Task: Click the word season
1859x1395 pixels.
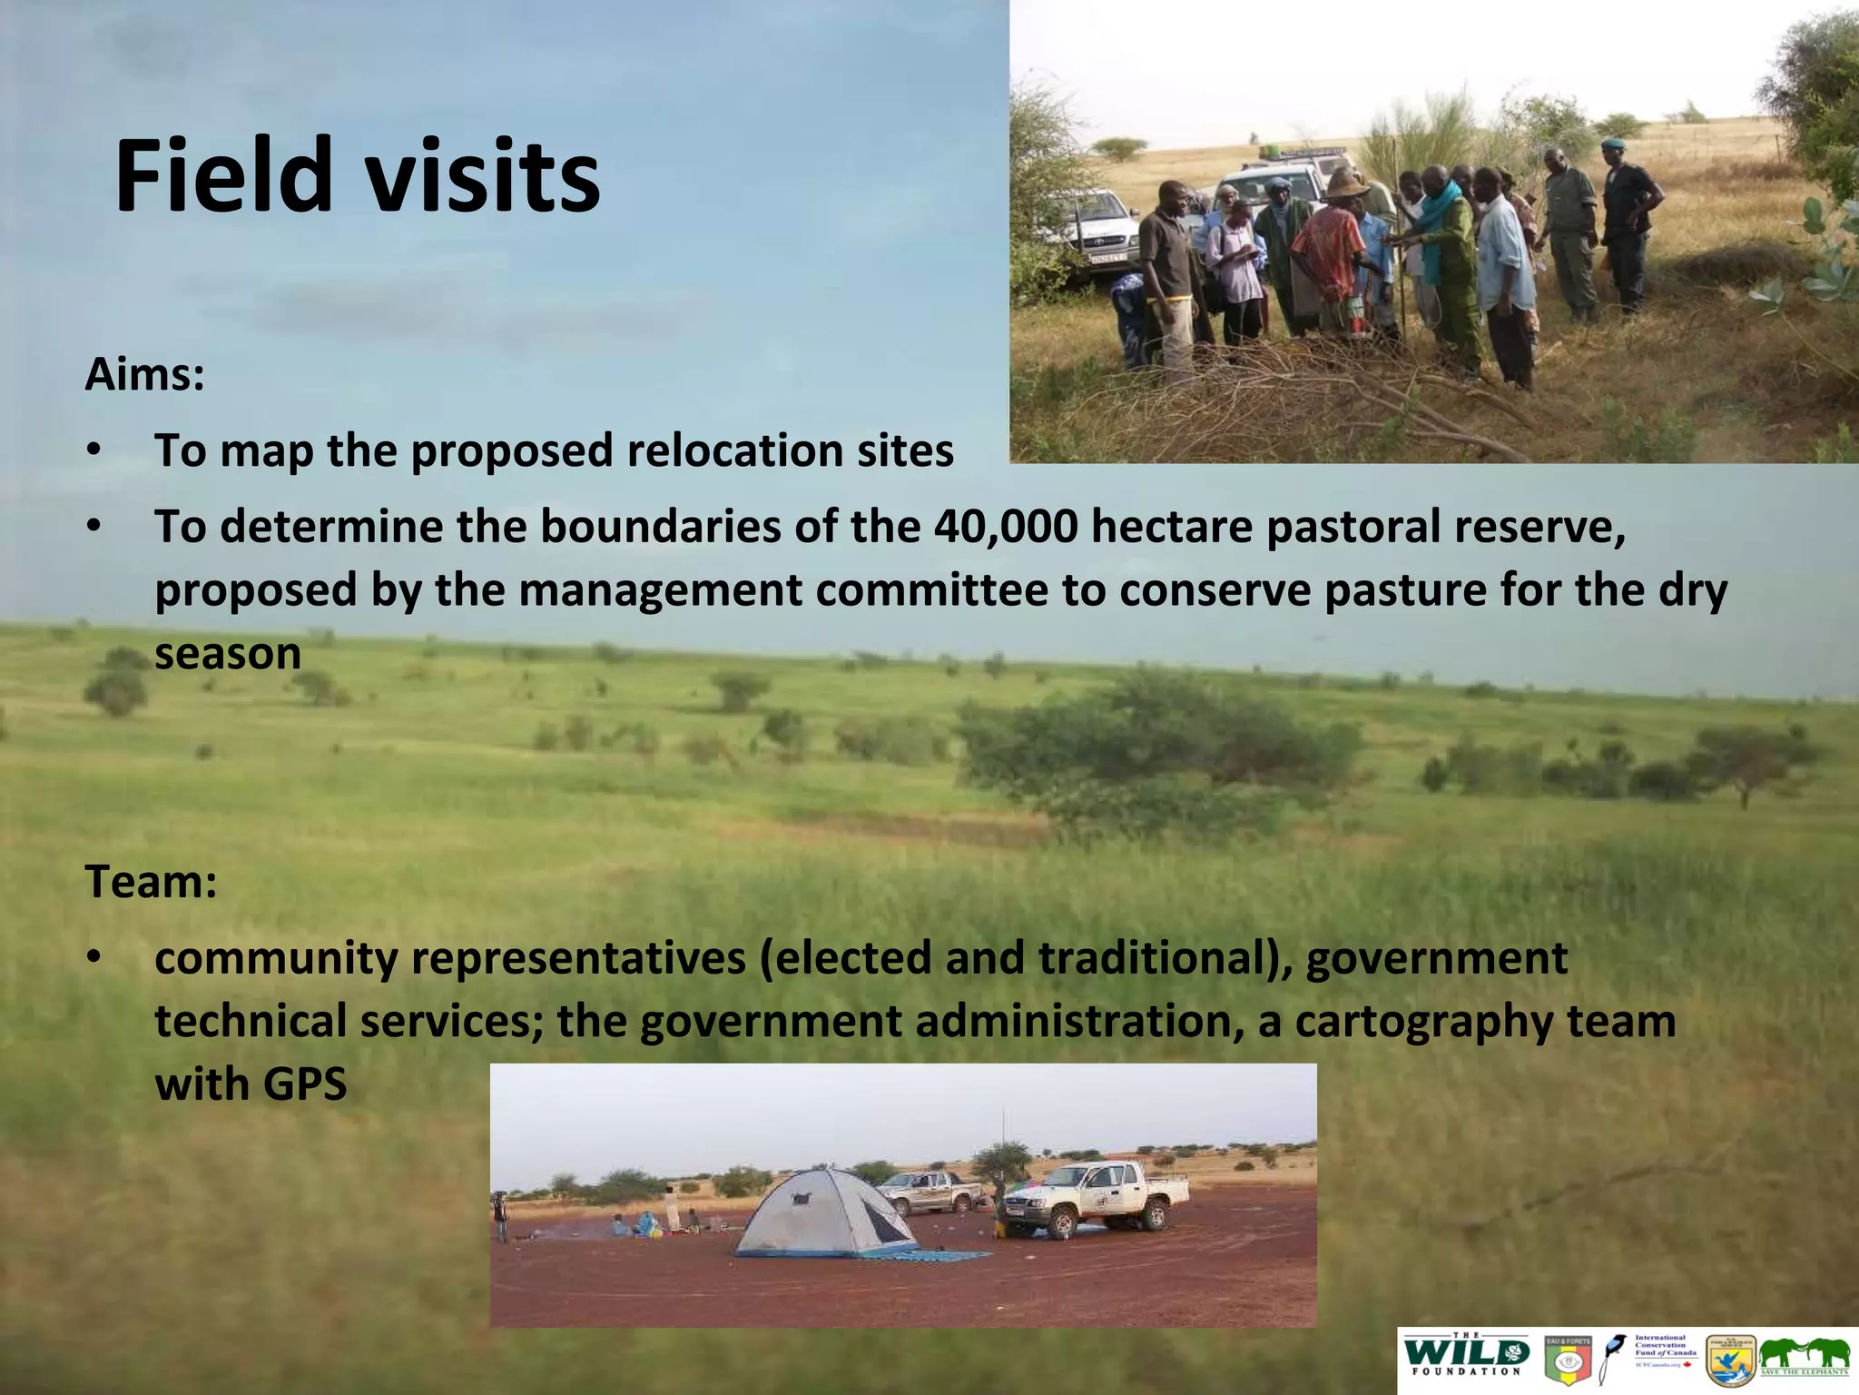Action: click(x=227, y=654)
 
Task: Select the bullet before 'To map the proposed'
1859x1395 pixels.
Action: click(x=94, y=450)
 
